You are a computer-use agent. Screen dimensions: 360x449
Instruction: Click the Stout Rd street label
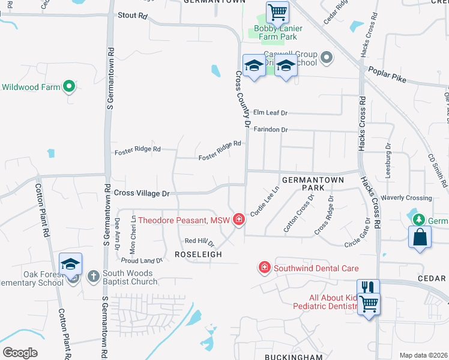tap(133, 16)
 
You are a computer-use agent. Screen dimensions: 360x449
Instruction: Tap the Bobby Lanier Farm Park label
tap(278, 32)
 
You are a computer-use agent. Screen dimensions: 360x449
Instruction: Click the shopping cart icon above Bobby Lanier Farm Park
tap(277, 11)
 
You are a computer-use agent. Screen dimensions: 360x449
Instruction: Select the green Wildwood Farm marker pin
tap(69, 87)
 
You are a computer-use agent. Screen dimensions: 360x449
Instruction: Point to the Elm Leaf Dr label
tap(270, 112)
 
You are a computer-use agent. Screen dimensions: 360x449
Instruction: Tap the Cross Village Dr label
tap(142, 193)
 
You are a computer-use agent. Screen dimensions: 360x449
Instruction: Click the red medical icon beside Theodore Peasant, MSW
tap(239, 220)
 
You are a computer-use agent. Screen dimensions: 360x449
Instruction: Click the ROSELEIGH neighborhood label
tap(198, 254)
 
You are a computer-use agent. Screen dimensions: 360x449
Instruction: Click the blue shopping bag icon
tap(420, 236)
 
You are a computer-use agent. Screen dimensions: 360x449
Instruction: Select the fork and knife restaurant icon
tap(368, 287)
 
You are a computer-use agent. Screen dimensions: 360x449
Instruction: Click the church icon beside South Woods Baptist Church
tap(93, 276)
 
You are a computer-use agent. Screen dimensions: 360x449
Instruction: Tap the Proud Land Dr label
tap(142, 260)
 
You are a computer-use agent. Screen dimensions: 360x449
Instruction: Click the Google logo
tap(20, 353)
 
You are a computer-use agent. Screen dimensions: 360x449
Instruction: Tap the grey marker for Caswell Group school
tap(326, 58)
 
